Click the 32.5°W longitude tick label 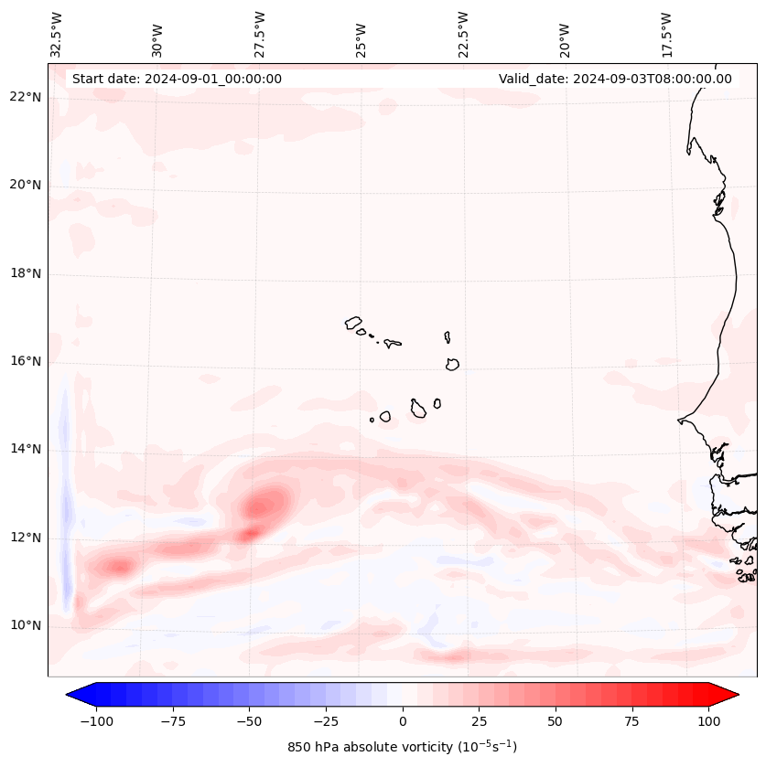point(58,35)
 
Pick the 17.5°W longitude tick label point(666,35)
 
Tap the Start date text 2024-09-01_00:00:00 point(177,79)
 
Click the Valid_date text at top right point(615,79)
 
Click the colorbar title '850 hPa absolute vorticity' point(403,747)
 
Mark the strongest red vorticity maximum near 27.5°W point(267,502)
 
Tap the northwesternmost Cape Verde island point(353,323)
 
